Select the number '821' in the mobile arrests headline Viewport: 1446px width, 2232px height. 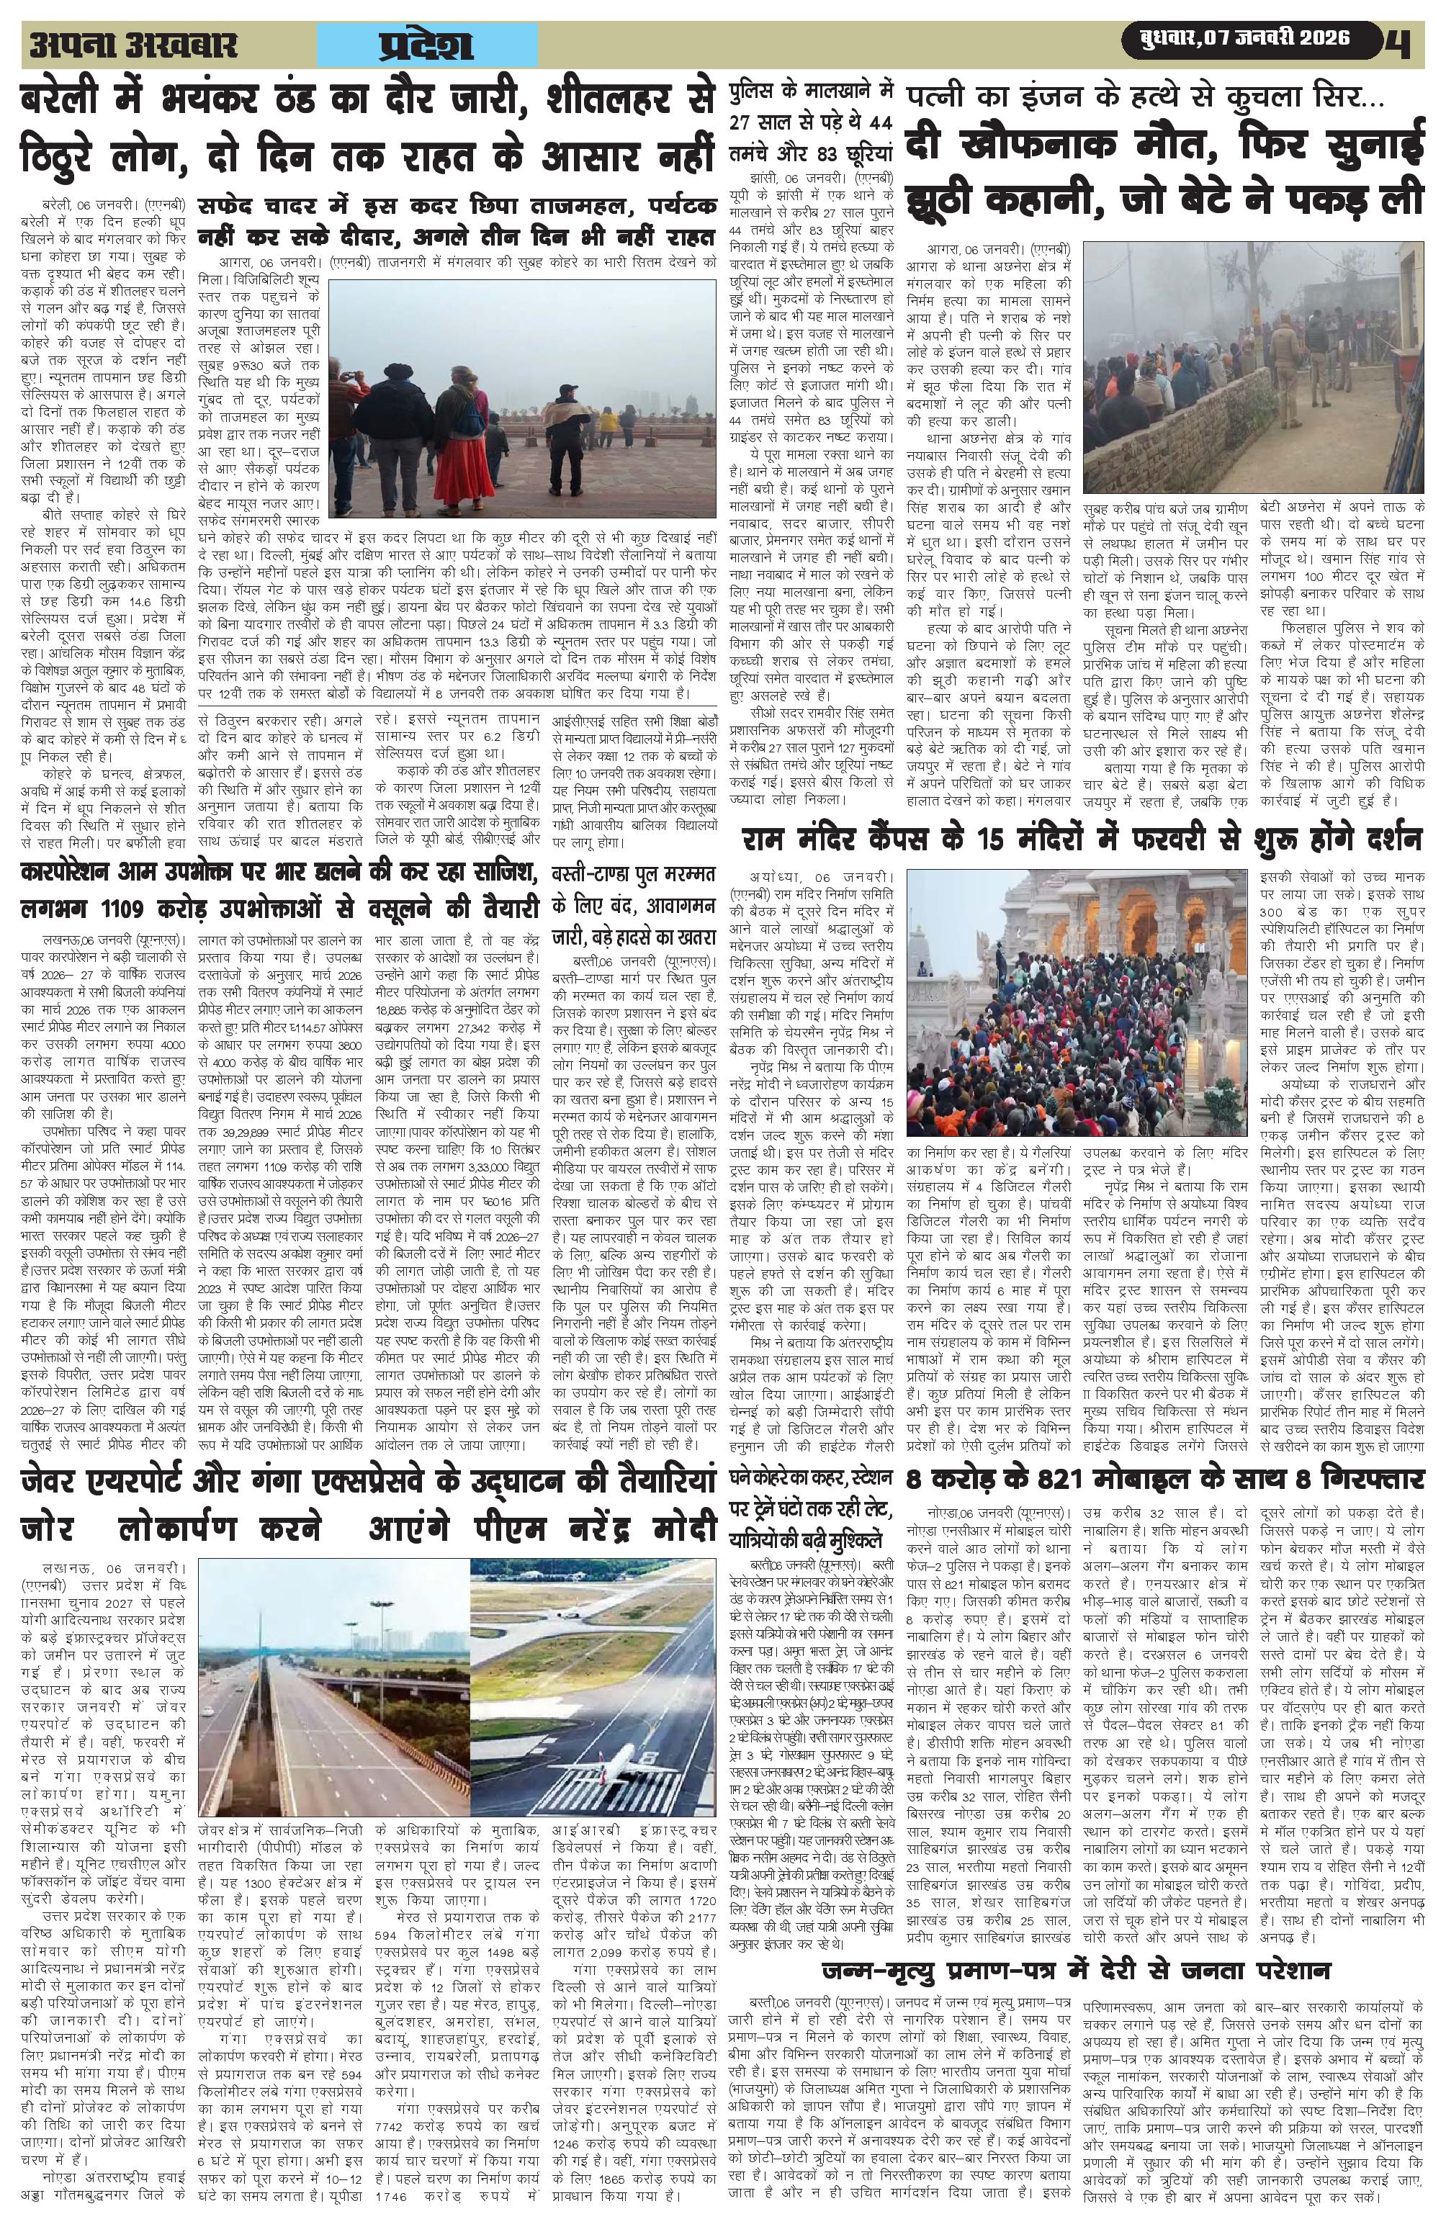point(1080,1480)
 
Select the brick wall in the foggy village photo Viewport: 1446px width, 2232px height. point(1200,450)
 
